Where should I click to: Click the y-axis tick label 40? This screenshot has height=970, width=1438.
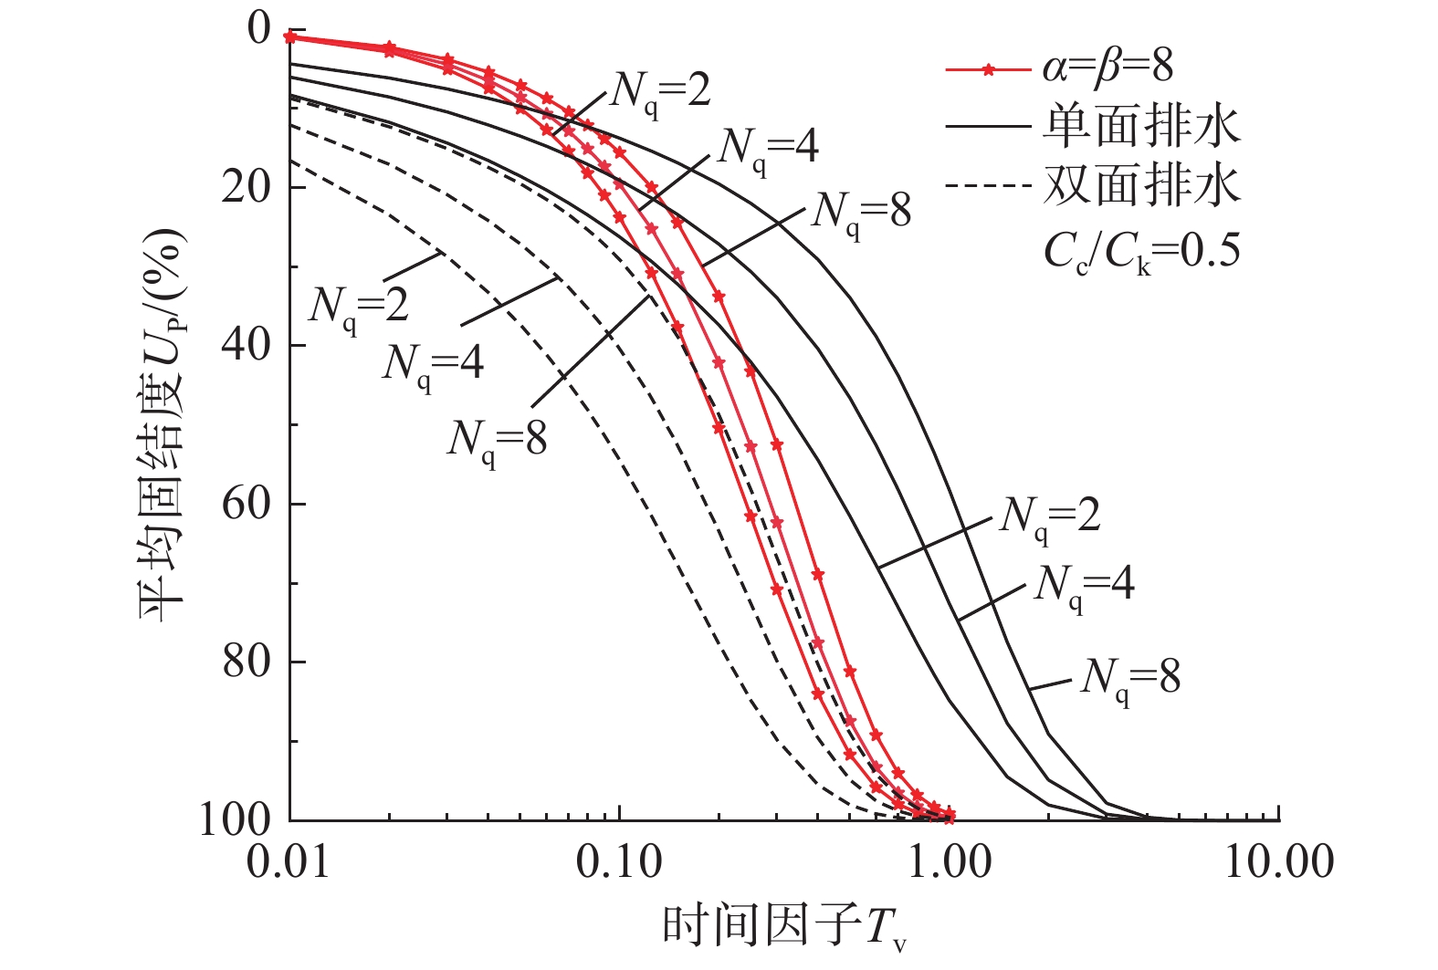pos(246,346)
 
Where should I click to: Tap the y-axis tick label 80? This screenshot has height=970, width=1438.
pos(246,662)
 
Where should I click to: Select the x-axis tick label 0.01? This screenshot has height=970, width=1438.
pos(289,861)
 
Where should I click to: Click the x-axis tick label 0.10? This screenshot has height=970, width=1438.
pos(619,861)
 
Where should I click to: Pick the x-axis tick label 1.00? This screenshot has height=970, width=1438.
pos(950,861)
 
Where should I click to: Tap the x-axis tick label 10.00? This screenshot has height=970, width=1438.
pos(1278,861)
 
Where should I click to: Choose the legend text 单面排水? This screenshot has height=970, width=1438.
pos(1141,126)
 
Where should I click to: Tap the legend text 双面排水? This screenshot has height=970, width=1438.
pos(1141,185)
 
